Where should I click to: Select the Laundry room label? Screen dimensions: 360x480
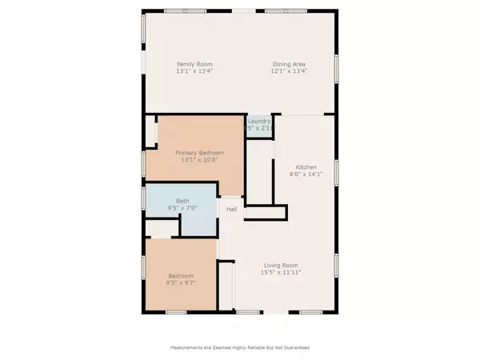click(259, 121)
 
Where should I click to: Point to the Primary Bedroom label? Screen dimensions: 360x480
click(200, 152)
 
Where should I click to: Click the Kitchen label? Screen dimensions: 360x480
click(296, 167)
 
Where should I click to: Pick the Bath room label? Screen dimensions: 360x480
click(182, 201)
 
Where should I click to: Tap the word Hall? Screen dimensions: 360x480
click(231, 210)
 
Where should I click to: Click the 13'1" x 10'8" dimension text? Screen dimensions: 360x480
click(200, 159)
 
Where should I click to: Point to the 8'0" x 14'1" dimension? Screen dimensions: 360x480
click(296, 174)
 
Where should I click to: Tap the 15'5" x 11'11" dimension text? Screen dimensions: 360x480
click(282, 273)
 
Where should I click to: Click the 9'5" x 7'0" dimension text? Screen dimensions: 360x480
click(182, 208)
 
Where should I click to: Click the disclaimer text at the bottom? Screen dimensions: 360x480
click(240, 348)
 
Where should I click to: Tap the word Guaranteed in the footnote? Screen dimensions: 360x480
click(294, 348)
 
